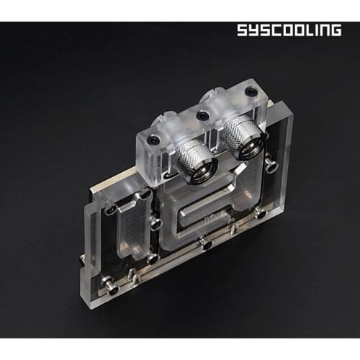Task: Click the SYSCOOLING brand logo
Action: point(288,30)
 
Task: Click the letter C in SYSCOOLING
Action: point(272,30)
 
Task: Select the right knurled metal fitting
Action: point(242,138)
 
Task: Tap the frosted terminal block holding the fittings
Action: point(209,130)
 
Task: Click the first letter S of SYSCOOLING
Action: point(243,30)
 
